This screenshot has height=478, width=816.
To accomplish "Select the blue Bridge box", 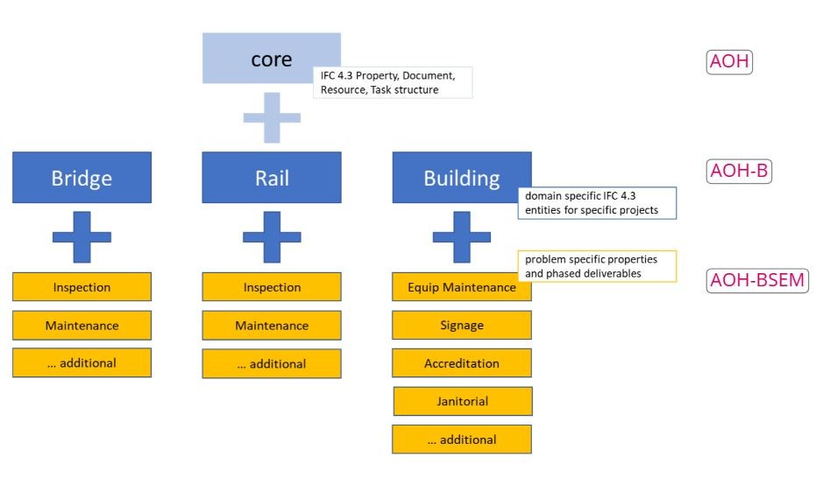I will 82,178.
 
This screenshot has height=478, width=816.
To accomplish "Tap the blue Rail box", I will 272,178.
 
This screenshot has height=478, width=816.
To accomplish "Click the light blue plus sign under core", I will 272,117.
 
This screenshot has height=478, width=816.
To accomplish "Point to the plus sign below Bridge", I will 82,236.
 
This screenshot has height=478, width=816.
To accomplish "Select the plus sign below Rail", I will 272,236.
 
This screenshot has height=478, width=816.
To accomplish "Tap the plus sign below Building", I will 461,236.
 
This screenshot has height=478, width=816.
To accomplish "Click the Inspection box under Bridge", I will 82,287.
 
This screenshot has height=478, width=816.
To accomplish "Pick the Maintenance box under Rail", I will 272,326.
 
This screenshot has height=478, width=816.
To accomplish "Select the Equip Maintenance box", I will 461,287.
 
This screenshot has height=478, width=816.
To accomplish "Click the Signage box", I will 461,325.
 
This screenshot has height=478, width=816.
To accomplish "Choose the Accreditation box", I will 461,362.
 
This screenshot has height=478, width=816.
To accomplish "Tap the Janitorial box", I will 462,401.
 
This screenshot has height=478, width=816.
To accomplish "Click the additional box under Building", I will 461,439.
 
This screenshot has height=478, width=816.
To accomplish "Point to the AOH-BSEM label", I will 756,280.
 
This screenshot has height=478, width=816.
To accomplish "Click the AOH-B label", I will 738,172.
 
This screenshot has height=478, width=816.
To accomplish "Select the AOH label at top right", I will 729,62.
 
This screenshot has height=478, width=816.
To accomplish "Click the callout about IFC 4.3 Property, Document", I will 393,82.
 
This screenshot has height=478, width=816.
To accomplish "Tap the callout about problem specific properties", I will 597,266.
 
